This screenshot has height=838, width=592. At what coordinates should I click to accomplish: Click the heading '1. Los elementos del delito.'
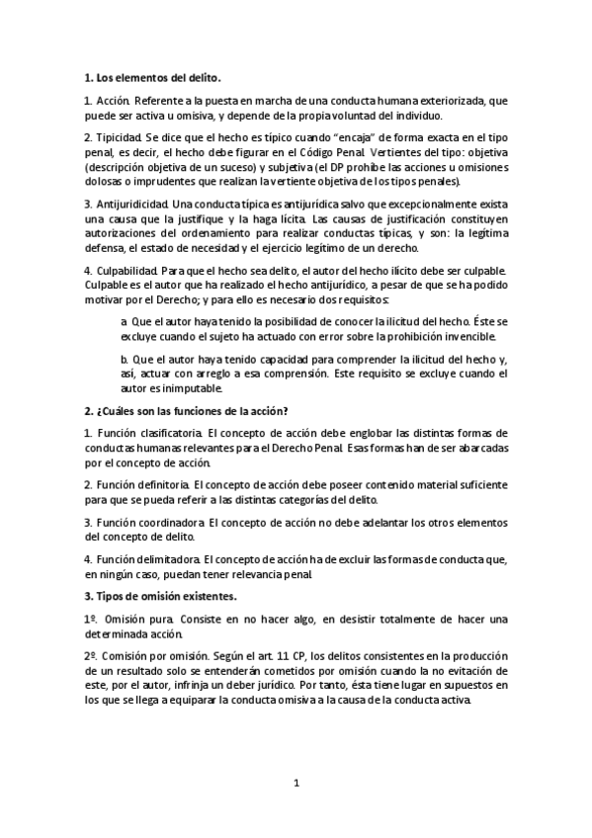pos(152,77)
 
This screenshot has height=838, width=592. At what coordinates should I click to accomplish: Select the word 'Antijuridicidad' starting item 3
pos(134,204)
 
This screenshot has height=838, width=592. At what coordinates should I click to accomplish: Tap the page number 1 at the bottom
pos(296,784)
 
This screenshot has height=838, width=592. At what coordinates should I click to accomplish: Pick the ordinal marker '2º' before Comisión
pos(91,656)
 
